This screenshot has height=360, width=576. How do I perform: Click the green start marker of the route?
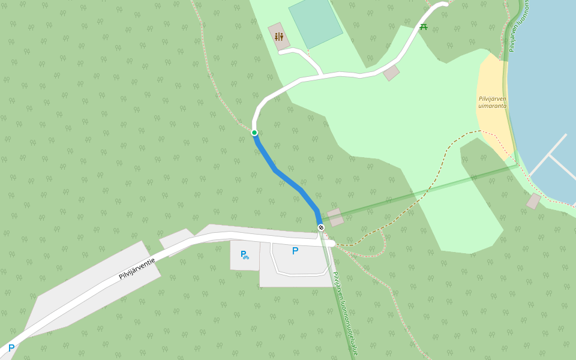click(x=254, y=133)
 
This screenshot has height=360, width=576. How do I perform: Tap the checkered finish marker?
click(x=321, y=227)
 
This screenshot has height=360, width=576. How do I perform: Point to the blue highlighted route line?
click(x=287, y=179)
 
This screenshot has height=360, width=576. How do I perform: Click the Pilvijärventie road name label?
click(x=137, y=268)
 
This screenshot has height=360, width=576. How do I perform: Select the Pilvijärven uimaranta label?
click(x=493, y=102)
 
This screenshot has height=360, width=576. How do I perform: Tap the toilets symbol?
click(x=278, y=37)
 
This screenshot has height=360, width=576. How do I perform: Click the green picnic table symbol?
click(x=424, y=26)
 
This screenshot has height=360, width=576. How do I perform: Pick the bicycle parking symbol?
click(x=244, y=254)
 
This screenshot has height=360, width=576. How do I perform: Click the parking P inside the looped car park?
click(x=295, y=251)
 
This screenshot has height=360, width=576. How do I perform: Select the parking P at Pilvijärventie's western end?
click(x=11, y=348)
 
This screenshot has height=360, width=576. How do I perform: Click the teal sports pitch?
click(x=316, y=23)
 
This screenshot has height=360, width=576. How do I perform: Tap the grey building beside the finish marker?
click(x=335, y=217)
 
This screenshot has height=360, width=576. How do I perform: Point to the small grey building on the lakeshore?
click(x=533, y=202)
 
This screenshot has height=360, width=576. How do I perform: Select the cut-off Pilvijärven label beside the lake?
click(x=519, y=27)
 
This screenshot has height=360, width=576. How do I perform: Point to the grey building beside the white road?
click(x=391, y=73)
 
